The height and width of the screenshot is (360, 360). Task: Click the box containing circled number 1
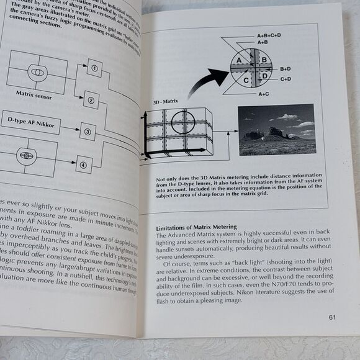coord(93,68)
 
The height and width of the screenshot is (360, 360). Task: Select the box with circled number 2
coord(90,101)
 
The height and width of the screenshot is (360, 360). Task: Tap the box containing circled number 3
coord(88,131)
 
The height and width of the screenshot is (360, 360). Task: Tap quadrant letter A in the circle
coord(236,60)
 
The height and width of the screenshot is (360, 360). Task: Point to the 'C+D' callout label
coord(286,79)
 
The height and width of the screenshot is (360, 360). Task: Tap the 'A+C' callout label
coord(264,94)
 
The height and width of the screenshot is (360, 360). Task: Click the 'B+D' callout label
coord(286,68)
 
